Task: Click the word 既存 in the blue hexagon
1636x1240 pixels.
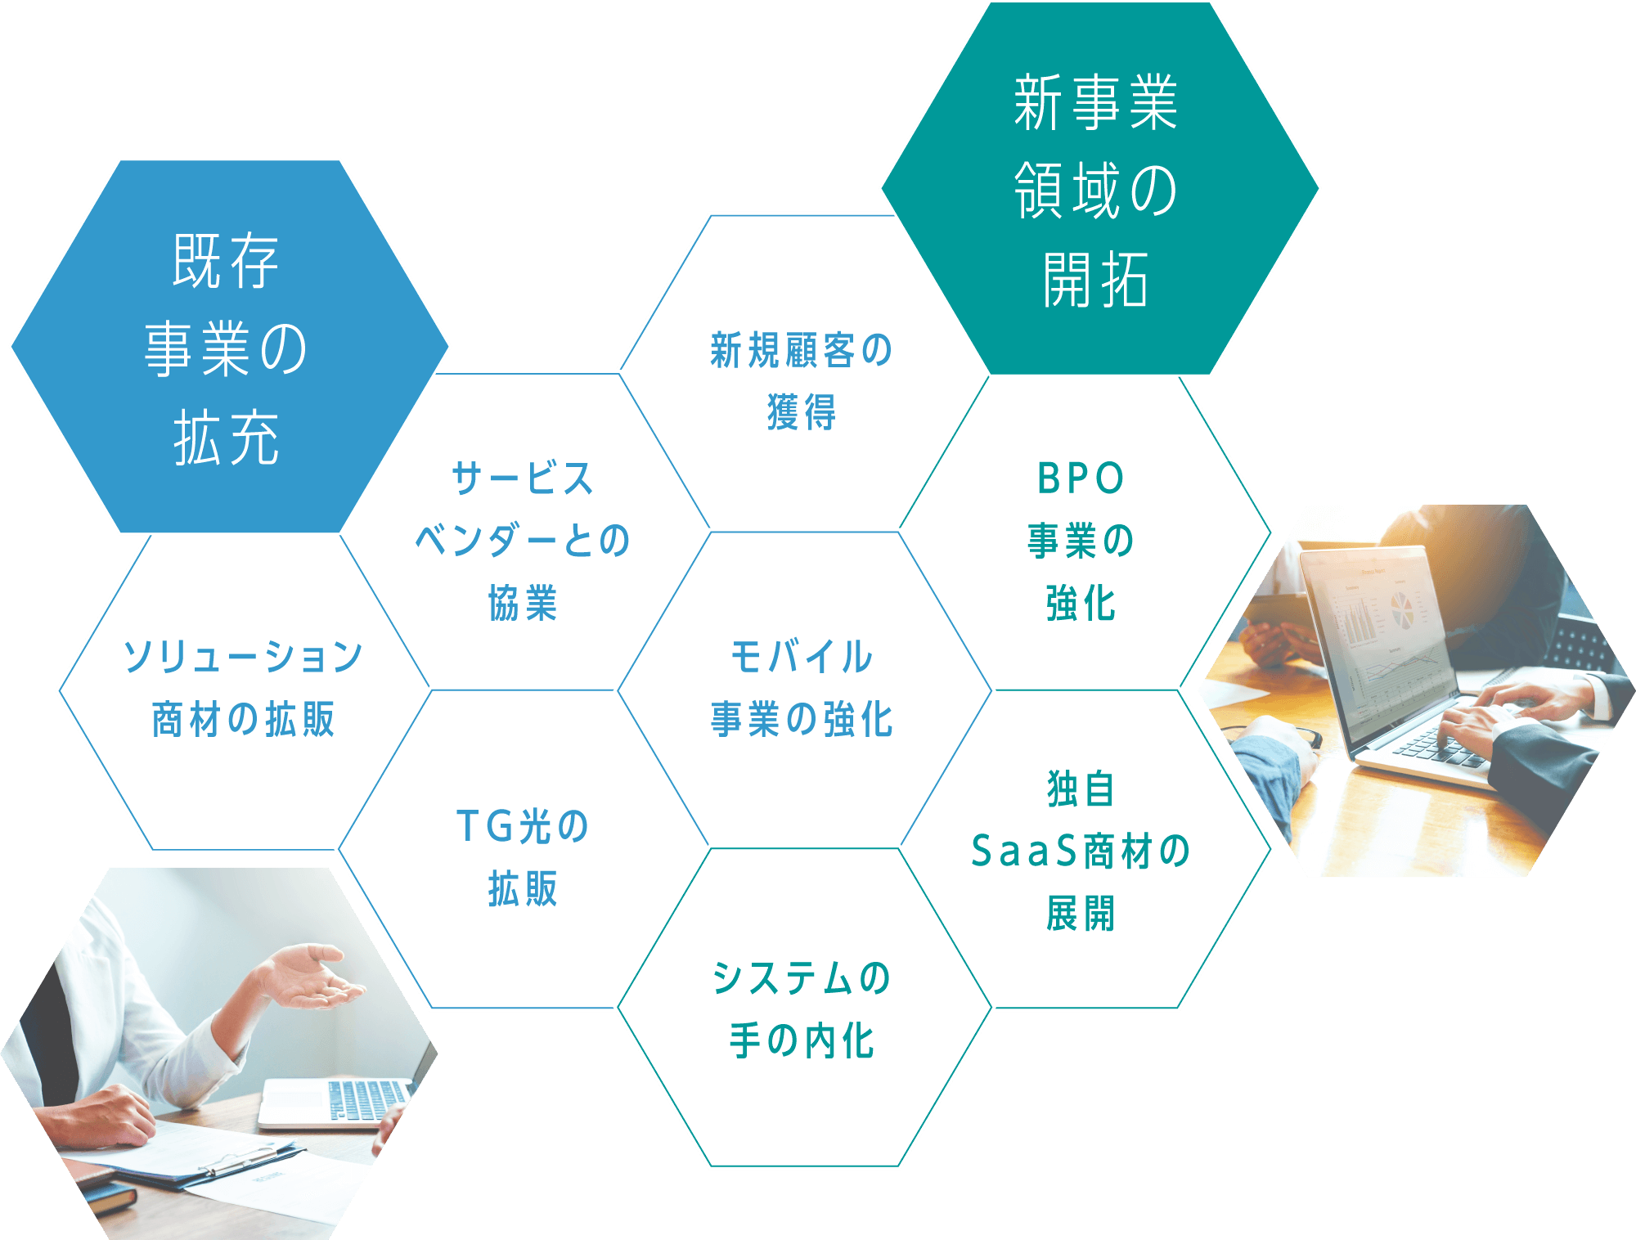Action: click(227, 261)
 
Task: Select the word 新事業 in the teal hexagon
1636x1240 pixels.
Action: click(1096, 102)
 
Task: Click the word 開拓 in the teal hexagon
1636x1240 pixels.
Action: click(1096, 279)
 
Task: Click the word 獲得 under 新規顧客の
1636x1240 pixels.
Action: click(802, 411)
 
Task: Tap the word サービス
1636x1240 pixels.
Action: click(523, 478)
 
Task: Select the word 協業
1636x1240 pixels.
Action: click(523, 603)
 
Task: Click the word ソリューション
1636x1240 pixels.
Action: click(243, 657)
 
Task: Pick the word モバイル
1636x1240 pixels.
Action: click(802, 657)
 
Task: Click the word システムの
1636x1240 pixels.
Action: click(802, 978)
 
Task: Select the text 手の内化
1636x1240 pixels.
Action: click(802, 1040)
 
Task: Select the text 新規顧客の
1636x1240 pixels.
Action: click(802, 350)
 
